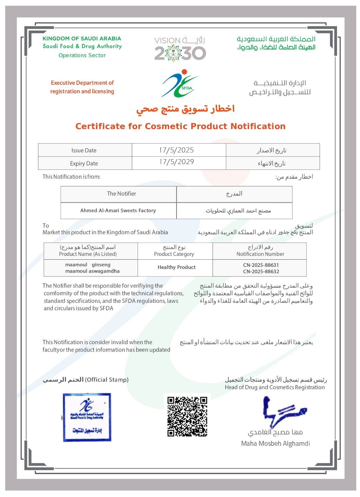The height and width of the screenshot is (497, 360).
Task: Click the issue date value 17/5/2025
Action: [x=176, y=150]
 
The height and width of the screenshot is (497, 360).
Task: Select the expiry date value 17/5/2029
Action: [x=176, y=162]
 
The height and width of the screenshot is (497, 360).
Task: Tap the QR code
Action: [x=187, y=416]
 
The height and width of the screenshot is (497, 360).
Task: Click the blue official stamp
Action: [x=87, y=417]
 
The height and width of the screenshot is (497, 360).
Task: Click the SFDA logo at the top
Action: [x=179, y=83]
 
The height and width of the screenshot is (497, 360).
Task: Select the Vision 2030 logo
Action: [x=180, y=49]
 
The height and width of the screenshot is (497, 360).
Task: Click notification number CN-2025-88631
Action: [x=261, y=265]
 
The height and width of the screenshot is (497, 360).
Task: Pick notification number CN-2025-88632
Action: [x=261, y=271]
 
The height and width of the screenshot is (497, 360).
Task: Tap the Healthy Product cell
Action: [x=176, y=267]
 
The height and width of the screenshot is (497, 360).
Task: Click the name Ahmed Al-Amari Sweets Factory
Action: [x=118, y=211]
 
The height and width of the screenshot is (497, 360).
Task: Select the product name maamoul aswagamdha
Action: [x=92, y=271]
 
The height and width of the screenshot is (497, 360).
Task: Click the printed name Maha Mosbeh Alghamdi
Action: [x=275, y=444]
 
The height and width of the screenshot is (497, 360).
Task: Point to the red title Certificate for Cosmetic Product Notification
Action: [x=180, y=126]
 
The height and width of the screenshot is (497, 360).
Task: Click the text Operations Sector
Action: [x=82, y=55]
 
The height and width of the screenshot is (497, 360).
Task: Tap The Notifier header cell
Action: [x=121, y=194]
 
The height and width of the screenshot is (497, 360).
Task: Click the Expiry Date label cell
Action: [x=84, y=163]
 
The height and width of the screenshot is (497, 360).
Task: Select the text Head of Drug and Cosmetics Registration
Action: [x=275, y=387]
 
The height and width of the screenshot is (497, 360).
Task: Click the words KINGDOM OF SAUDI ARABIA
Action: [x=82, y=39]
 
